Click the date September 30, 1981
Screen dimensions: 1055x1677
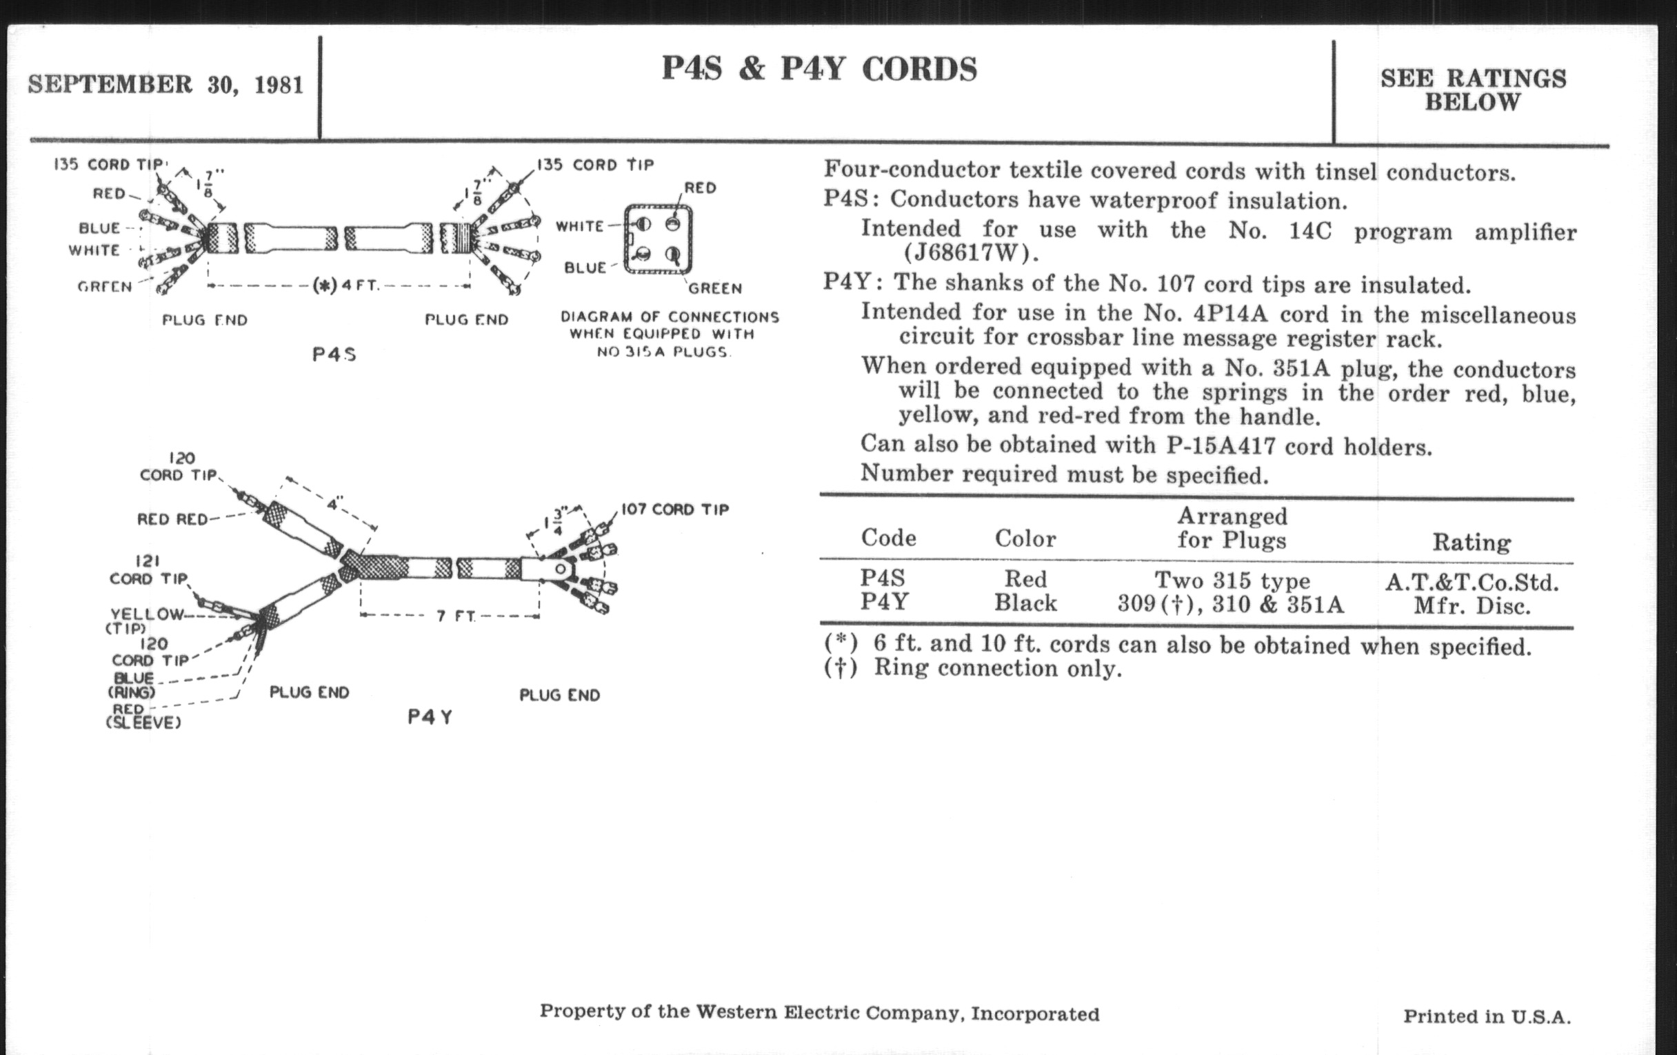(165, 84)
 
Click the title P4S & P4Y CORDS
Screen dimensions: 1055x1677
(819, 69)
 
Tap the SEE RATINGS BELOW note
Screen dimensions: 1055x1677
(1473, 90)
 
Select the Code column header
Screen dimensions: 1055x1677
(888, 538)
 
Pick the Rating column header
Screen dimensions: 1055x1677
(1472, 542)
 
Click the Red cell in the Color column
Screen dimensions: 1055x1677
(1025, 579)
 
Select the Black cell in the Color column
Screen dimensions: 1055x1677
(1025, 603)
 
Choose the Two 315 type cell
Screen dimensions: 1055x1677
(1232, 580)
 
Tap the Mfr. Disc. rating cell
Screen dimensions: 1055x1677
(1472, 606)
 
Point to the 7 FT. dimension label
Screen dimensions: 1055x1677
(456, 616)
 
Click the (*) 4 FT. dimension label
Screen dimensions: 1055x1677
(345, 285)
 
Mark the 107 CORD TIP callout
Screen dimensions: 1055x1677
(674, 509)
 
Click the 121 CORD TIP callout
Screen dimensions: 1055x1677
(148, 570)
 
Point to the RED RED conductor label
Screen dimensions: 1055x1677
(172, 519)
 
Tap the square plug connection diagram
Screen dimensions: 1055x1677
(657, 239)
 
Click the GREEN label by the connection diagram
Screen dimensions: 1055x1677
(714, 288)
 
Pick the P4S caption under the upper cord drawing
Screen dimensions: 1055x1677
(334, 354)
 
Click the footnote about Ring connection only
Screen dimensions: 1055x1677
(973, 669)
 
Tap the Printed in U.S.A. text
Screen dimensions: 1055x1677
(1487, 1016)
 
